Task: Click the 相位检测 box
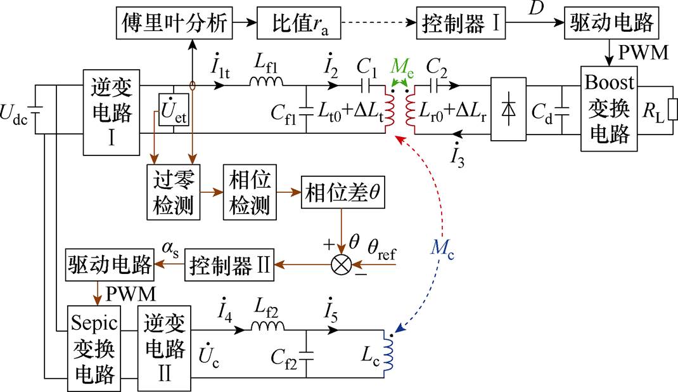click(x=248, y=192)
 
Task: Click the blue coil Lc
click(x=390, y=353)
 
